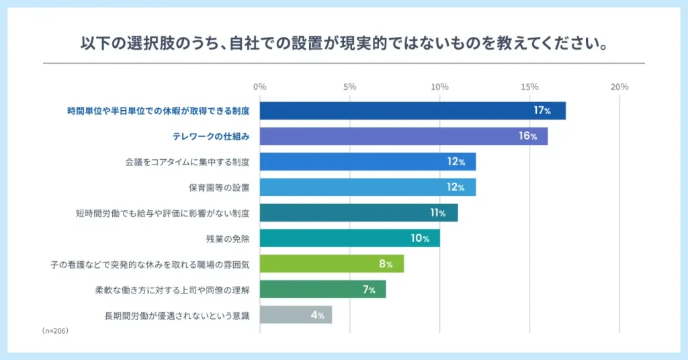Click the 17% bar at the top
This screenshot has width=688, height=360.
[413, 111]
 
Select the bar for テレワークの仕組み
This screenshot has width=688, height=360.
[403, 136]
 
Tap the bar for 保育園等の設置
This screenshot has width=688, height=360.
[368, 187]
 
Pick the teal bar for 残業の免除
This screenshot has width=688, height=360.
[349, 238]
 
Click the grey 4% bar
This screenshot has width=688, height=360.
[296, 315]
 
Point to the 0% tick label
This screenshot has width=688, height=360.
[260, 87]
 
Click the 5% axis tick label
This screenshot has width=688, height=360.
[349, 87]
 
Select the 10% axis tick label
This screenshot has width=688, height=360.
[439, 87]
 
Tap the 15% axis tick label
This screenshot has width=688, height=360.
[529, 87]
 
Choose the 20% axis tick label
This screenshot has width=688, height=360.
[619, 87]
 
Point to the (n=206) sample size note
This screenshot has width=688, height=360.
[55, 331]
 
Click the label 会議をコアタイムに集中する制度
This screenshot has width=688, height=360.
[187, 162]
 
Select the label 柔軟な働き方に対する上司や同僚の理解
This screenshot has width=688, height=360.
[173, 289]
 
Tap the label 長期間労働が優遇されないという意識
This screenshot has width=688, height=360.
[177, 315]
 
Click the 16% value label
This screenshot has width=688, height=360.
[528, 136]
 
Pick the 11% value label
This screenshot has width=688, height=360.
[438, 213]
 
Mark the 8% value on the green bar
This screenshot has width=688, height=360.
[386, 264]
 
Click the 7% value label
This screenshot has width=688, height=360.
[368, 289]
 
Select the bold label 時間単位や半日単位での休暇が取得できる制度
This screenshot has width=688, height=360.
[159, 111]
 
